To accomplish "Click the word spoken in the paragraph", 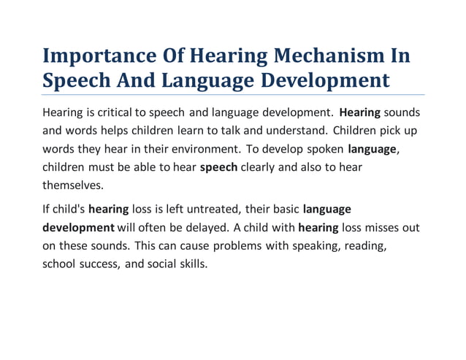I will point(325,150).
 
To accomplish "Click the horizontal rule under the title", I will point(233,94).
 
